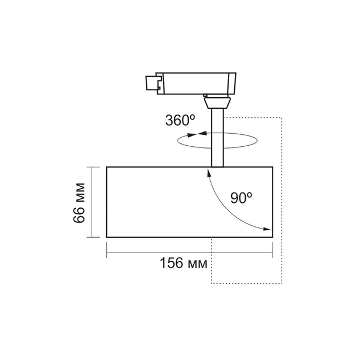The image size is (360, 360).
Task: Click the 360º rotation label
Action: [x=180, y=120]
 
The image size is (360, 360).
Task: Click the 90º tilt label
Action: [x=241, y=198]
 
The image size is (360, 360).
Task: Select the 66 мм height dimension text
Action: [x=79, y=203]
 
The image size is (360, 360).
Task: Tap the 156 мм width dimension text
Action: [x=183, y=263]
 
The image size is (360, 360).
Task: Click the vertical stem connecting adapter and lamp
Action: [x=217, y=137]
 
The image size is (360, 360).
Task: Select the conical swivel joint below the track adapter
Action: [x=217, y=103]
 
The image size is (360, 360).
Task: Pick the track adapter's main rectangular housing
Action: [x=195, y=83]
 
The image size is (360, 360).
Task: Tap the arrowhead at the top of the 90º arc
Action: [x=209, y=173]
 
